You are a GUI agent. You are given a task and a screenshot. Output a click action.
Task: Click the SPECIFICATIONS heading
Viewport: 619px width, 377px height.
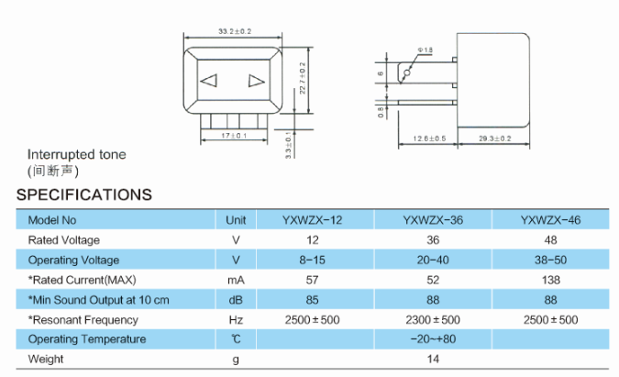[83, 194]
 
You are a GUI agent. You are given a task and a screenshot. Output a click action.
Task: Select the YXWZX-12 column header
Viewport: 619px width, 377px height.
[313, 220]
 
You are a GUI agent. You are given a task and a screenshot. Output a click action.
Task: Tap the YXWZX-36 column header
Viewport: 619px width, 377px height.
[432, 220]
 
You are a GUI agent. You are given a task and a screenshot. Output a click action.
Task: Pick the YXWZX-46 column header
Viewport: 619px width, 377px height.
[550, 220]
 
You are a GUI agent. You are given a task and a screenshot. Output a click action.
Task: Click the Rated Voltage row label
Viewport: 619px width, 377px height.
[63, 240]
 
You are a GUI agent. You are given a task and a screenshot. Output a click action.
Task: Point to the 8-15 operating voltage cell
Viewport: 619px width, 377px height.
[313, 261]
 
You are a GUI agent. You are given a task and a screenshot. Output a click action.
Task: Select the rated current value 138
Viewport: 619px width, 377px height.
[550, 280]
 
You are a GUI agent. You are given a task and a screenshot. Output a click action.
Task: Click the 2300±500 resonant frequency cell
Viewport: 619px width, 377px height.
[432, 320]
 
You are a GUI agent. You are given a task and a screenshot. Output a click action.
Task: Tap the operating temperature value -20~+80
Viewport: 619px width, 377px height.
[432, 339]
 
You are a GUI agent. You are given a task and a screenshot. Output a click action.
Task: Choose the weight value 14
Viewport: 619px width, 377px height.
[432, 360]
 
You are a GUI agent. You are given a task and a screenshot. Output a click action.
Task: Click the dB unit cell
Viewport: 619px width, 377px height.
[236, 300]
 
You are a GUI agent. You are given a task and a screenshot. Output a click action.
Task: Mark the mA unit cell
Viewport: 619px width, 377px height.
[236, 280]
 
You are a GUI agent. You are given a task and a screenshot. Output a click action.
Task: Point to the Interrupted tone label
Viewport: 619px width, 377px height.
[77, 155]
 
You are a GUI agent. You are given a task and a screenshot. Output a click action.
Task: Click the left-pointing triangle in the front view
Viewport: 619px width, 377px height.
[209, 80]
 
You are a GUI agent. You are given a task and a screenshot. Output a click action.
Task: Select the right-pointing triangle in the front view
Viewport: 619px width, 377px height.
[255, 80]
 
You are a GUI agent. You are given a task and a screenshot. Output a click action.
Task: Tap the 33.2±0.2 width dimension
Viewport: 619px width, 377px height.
[235, 31]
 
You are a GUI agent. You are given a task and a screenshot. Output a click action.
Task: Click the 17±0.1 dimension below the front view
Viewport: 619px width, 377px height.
[236, 137]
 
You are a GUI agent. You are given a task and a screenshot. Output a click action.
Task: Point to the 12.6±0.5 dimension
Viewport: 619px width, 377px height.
[428, 139]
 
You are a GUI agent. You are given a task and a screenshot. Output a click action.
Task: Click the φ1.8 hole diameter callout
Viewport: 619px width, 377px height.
[426, 48]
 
